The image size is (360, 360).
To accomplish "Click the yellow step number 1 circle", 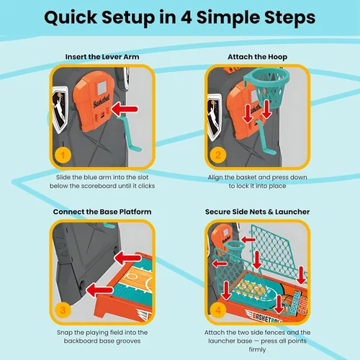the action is pyautogui.click(x=63, y=155).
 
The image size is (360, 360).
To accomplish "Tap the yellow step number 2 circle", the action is pyautogui.click(x=218, y=155).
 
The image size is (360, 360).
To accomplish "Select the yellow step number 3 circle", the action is pyautogui.click(x=63, y=310).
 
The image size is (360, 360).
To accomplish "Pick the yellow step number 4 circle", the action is pyautogui.click(x=218, y=310).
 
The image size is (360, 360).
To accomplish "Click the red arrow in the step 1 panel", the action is pyautogui.click(x=125, y=109).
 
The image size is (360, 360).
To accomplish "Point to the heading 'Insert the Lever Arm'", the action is pyautogui.click(x=102, y=57).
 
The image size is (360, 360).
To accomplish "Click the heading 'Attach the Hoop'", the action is pyautogui.click(x=257, y=57).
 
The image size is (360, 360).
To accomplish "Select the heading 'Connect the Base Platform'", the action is pyautogui.click(x=102, y=212).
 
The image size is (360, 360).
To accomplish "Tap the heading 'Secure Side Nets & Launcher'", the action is pyautogui.click(x=257, y=212).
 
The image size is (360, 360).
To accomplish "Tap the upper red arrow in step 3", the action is pyautogui.click(x=127, y=258).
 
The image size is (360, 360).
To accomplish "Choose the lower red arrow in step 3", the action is pyautogui.click(x=99, y=290).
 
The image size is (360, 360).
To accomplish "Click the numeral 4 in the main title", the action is pyautogui.click(x=186, y=17).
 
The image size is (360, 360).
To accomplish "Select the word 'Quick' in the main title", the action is pyautogui.click(x=71, y=18).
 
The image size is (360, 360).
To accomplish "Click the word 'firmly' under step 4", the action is pyautogui.click(x=257, y=350).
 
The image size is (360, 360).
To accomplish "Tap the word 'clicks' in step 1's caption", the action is pyautogui.click(x=146, y=186).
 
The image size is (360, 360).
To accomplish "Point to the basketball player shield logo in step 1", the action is pyautogui.click(x=60, y=109).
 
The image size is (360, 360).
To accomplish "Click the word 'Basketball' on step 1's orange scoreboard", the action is pyautogui.click(x=102, y=102).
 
